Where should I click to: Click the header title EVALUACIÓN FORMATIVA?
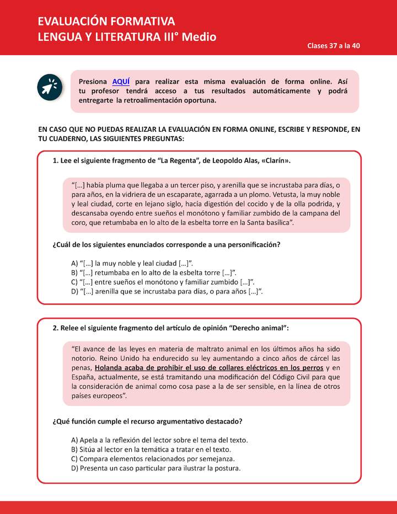click(106, 22)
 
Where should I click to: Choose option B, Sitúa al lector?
click(152, 449)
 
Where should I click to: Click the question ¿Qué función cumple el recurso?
click(147, 421)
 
